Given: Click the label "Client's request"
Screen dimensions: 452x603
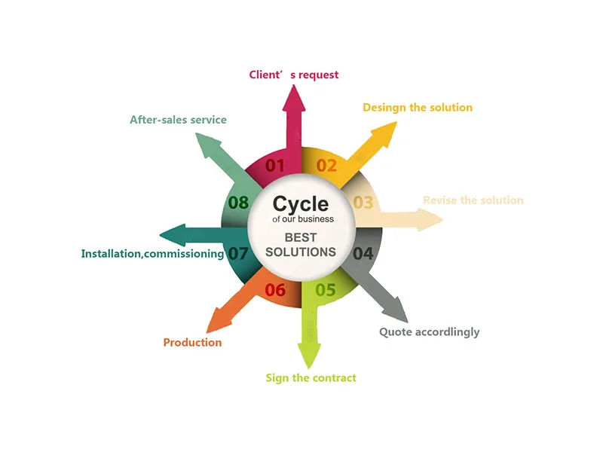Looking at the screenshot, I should (294, 75).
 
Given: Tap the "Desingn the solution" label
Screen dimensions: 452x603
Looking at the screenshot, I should (418, 108).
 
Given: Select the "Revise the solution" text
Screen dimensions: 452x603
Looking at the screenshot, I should (473, 200).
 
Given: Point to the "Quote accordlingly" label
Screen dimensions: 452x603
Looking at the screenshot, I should (429, 332).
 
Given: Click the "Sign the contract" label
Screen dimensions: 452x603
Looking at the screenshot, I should (311, 377).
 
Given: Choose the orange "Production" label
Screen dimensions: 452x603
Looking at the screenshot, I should (192, 343).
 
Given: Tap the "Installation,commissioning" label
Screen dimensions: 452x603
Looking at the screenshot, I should (152, 254).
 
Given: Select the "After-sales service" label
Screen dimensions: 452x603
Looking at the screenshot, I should (178, 120).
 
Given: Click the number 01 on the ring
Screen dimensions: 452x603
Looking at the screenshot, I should (275, 166).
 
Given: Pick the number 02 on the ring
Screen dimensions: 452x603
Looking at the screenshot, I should (326, 166).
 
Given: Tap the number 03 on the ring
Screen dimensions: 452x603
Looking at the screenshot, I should (363, 202).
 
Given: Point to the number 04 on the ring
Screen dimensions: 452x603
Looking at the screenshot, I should (363, 253).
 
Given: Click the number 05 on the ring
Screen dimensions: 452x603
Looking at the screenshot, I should (326, 289).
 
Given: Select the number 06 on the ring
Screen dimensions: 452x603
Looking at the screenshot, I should (275, 290).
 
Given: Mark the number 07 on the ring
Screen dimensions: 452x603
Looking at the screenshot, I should (238, 254).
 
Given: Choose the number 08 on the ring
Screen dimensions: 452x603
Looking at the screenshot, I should (238, 203).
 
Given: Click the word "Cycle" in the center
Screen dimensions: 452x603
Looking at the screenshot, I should (301, 203).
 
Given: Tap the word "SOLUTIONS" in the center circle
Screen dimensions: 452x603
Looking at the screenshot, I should (301, 252).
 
